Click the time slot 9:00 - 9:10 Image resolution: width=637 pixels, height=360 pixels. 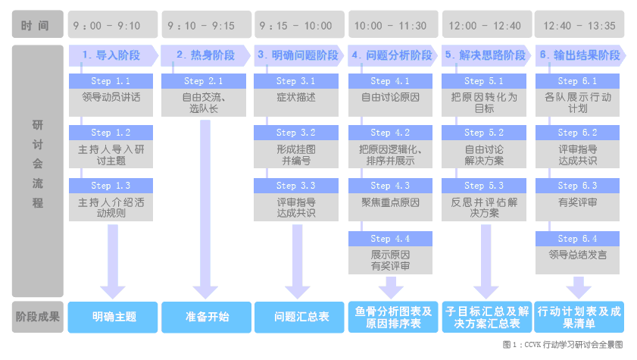click(113, 25)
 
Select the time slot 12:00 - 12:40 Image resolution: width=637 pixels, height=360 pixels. click(485, 25)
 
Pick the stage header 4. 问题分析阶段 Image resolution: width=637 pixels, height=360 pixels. click(392, 55)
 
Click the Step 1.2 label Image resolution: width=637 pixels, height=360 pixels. click(111, 133)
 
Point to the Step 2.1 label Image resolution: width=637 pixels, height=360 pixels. click(205, 81)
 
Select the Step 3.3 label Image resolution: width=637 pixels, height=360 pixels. click(297, 186)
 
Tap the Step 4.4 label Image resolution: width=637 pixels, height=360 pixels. click(391, 239)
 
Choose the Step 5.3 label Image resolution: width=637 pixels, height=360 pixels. click(485, 186)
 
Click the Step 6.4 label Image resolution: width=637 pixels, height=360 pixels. click(578, 239)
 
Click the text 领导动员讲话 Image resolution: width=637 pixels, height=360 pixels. click(111, 97)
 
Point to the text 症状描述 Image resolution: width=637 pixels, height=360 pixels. click(297, 97)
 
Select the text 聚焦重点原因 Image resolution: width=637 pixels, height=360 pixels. click(391, 202)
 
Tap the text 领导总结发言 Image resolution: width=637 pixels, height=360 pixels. click(578, 255)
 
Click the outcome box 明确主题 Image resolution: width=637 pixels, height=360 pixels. click(114, 317)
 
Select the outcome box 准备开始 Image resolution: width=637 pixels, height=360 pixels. click(207, 317)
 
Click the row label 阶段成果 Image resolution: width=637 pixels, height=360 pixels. click(37, 317)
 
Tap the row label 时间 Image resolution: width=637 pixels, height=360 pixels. click(36, 26)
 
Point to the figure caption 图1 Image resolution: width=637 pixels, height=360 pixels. click(567, 345)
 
